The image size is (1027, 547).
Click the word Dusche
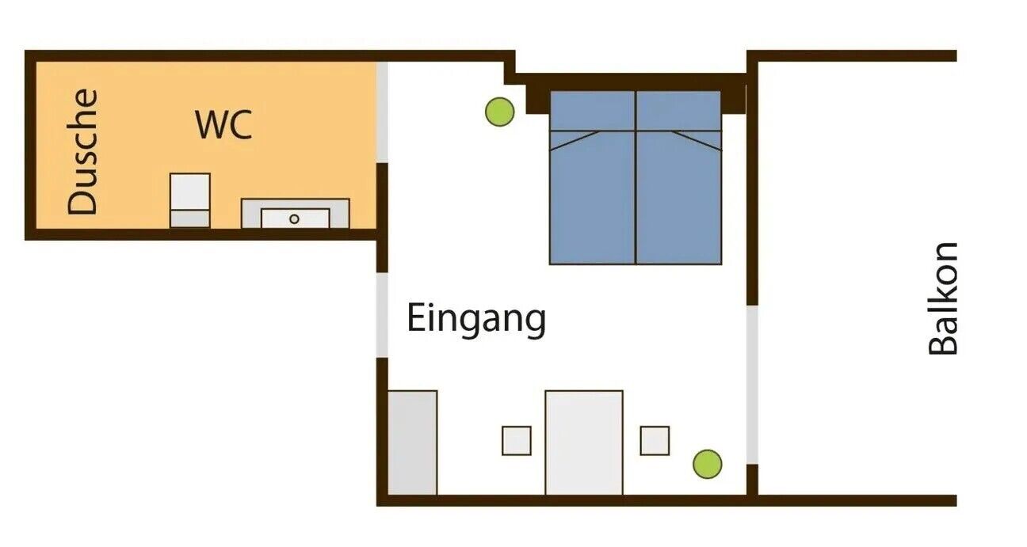(83, 152)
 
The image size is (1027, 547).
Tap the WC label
(223, 125)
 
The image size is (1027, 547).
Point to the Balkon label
(943, 298)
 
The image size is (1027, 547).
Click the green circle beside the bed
(499, 112)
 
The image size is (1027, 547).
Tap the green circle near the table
(707, 464)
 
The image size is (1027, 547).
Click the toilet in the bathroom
(190, 199)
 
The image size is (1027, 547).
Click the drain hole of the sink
(294, 218)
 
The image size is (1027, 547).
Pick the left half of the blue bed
(593, 194)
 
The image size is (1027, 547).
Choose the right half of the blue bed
(678, 194)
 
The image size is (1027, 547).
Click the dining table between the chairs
(584, 442)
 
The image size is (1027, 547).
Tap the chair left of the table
(516, 441)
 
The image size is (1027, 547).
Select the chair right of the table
(655, 441)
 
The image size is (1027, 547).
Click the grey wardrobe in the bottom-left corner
(412, 442)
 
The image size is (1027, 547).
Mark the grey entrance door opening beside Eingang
(382, 315)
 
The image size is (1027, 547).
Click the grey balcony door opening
(752, 385)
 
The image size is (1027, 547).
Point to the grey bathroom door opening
(382, 111)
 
